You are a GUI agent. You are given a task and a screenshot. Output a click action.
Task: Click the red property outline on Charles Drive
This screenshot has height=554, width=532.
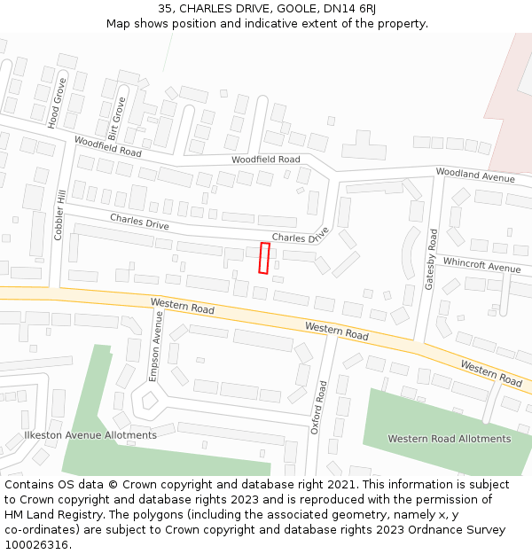263,257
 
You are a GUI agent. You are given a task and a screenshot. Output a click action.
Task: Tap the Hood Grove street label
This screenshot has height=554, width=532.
59,104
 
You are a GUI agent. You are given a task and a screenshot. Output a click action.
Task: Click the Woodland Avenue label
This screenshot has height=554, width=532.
475,175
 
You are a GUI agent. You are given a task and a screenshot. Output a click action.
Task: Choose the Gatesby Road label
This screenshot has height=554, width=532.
432,259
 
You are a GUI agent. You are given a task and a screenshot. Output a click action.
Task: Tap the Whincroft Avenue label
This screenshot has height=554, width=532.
481,265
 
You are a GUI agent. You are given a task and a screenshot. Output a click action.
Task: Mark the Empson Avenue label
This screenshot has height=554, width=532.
157,346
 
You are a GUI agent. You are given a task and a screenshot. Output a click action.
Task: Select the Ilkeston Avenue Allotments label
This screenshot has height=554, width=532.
90,435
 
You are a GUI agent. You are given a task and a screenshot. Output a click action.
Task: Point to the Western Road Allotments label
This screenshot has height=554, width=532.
450,439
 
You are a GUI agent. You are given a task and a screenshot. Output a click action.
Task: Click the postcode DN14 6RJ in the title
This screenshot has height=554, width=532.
349,8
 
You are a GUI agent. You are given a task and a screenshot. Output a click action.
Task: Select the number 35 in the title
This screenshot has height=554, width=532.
166,8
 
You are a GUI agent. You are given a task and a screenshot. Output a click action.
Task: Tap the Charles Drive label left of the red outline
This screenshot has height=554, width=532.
139,222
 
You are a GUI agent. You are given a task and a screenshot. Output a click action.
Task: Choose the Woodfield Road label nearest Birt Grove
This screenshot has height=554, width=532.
107,146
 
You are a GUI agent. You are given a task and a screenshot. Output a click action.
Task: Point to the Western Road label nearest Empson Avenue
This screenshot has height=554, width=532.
183,307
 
